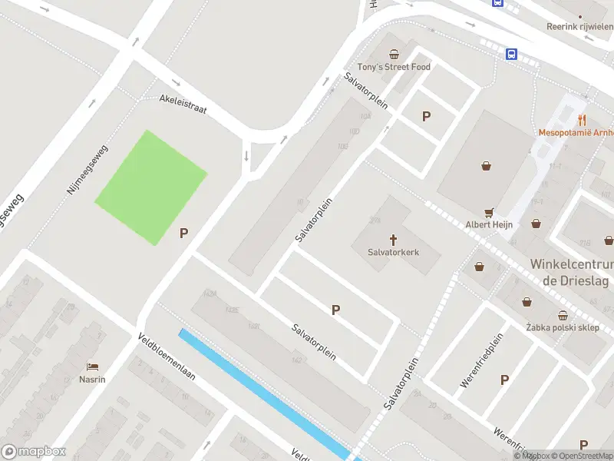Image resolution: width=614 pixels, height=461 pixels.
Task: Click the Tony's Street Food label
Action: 394,67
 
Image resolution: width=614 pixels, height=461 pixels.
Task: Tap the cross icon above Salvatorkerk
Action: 394,239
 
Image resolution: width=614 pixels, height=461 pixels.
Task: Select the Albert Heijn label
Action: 489,224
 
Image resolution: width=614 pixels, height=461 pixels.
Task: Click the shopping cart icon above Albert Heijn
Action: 488,212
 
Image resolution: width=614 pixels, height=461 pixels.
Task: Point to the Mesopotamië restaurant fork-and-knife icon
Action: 582,119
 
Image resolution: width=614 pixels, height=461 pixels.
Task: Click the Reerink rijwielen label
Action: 580,26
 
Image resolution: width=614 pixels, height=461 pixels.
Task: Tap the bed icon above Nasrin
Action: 92,366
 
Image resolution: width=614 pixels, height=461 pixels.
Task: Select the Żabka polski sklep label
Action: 563,327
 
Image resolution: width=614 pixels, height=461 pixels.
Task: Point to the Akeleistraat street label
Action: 183,104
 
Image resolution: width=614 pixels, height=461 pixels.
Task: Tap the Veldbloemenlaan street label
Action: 167,358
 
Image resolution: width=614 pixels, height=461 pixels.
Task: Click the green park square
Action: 150,187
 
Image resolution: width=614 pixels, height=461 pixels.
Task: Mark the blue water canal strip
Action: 261,392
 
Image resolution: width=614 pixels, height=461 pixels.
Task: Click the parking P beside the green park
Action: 184,234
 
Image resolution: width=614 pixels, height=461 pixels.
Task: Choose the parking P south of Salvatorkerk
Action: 335,310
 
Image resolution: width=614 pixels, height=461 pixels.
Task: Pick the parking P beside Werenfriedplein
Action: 504,380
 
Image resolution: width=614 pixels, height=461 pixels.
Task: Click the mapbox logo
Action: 33,452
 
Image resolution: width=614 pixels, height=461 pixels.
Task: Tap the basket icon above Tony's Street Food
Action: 394,54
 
